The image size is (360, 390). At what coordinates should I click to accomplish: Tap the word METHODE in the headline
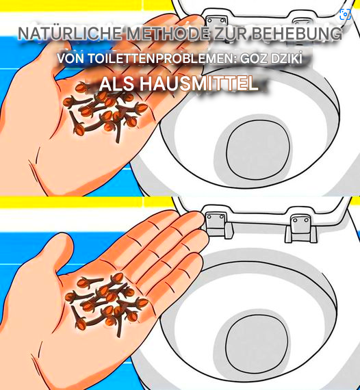point(168,34)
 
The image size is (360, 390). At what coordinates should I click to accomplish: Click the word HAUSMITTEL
point(198,83)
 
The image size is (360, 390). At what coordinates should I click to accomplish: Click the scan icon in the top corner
point(346,14)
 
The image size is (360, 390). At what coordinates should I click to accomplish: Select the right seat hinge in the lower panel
point(301,228)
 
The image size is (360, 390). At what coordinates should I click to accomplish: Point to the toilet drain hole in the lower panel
point(257,345)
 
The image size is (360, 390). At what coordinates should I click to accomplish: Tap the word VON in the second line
point(70,59)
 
